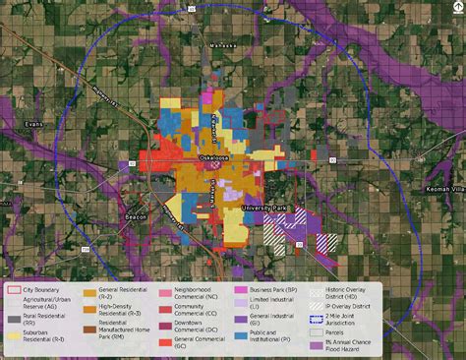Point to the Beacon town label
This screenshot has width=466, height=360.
(x=137, y=217)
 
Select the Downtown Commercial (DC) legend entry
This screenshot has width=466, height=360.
(x=197, y=326)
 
